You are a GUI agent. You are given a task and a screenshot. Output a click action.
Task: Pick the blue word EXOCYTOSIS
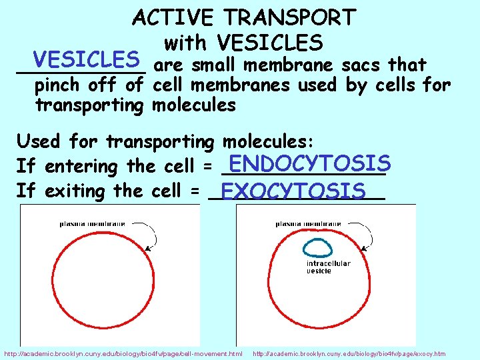point(293,191)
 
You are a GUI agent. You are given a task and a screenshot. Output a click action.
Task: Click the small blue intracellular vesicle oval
point(317,248)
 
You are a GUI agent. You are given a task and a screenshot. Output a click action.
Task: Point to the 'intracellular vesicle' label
point(328,267)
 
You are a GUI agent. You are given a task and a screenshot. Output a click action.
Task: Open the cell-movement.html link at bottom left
point(123,353)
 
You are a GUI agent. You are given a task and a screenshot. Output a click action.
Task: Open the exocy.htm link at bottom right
point(349,353)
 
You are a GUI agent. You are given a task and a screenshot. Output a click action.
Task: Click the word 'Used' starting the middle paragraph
point(37,141)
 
